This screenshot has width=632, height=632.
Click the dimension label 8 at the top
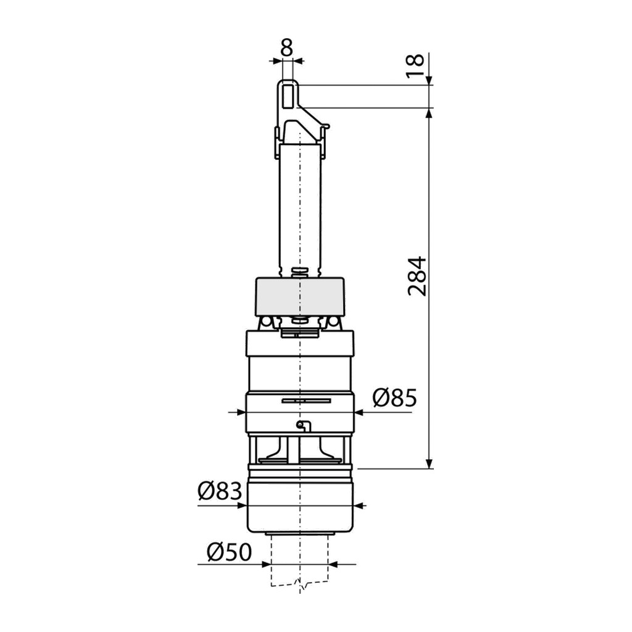coord(286,48)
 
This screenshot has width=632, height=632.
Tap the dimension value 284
coord(417,276)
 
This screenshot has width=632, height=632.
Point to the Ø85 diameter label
coord(394,398)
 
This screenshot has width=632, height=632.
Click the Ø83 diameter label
coord(220,491)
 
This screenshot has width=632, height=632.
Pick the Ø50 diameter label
coord(229,552)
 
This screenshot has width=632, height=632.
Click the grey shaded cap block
coord(299,296)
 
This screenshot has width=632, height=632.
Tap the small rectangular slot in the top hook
coord(287,96)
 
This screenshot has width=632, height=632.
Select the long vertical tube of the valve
coord(301,206)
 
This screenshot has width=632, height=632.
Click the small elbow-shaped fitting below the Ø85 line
coord(302,426)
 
